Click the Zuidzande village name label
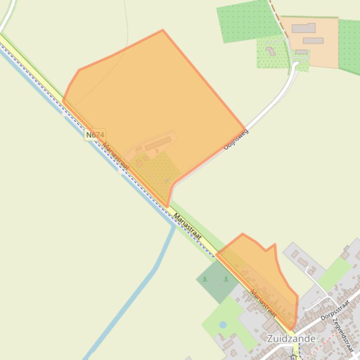pyautogui.click(x=291, y=338)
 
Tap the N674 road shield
pyautogui.click(x=95, y=135)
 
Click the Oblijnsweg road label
pyautogui.click(x=236, y=139)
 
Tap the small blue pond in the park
pyautogui.click(x=223, y=324)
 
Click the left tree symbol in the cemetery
pyautogui.click(x=205, y=279)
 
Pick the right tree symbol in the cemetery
pyautogui.click(x=226, y=279)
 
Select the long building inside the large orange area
pyautogui.click(x=158, y=143)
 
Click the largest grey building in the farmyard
pyautogui.click(x=303, y=28)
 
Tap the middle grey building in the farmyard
pyautogui.click(x=313, y=41)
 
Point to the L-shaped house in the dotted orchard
pyautogui.click(x=271, y=50)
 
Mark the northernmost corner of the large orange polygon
pyautogui.click(x=162, y=30)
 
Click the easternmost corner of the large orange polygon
pyautogui.click(x=244, y=129)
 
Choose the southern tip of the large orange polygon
pyautogui.click(x=167, y=206)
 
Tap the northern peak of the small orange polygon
pyautogui.click(x=242, y=234)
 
